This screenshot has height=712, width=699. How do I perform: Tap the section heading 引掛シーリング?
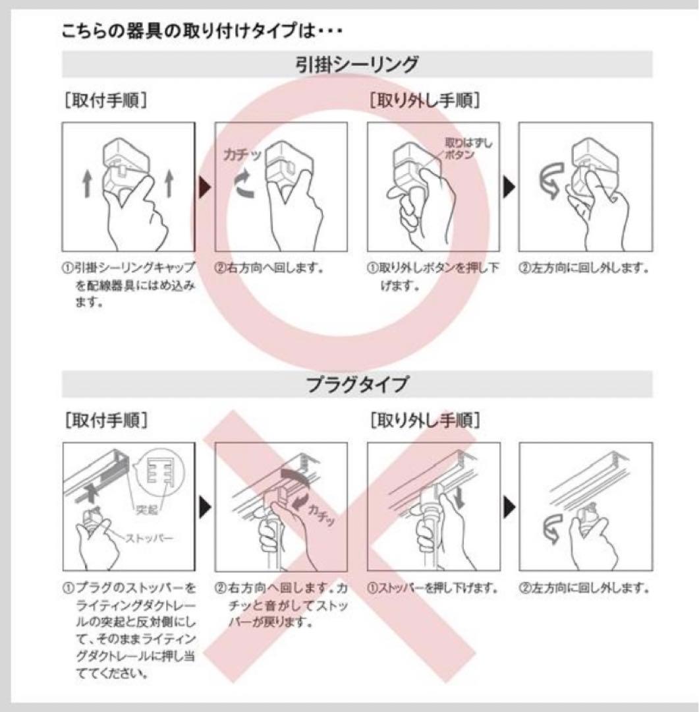[x=357, y=64]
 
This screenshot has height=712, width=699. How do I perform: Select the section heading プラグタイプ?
[x=357, y=384]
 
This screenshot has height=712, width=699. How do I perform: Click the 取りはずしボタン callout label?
[x=468, y=148]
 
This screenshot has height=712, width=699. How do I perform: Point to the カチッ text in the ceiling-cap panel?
[x=242, y=154]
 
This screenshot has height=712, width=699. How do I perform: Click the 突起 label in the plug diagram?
[x=147, y=510]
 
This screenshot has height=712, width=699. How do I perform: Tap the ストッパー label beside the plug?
[x=149, y=539]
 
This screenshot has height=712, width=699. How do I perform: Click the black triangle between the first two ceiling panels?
[x=205, y=187]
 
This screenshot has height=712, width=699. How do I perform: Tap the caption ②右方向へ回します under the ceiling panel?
[x=269, y=268]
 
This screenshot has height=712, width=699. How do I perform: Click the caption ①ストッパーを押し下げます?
[x=432, y=588]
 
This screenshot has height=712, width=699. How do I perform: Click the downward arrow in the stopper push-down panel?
[x=459, y=498]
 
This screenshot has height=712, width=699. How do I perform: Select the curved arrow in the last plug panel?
[x=552, y=528]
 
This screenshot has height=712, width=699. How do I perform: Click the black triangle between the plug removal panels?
[x=509, y=507]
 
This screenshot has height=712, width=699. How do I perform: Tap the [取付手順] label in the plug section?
[x=106, y=420]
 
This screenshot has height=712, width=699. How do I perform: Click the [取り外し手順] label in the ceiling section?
[x=425, y=100]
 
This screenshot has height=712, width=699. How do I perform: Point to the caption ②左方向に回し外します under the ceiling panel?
[x=584, y=268]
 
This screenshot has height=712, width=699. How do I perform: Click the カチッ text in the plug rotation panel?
[x=320, y=514]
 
